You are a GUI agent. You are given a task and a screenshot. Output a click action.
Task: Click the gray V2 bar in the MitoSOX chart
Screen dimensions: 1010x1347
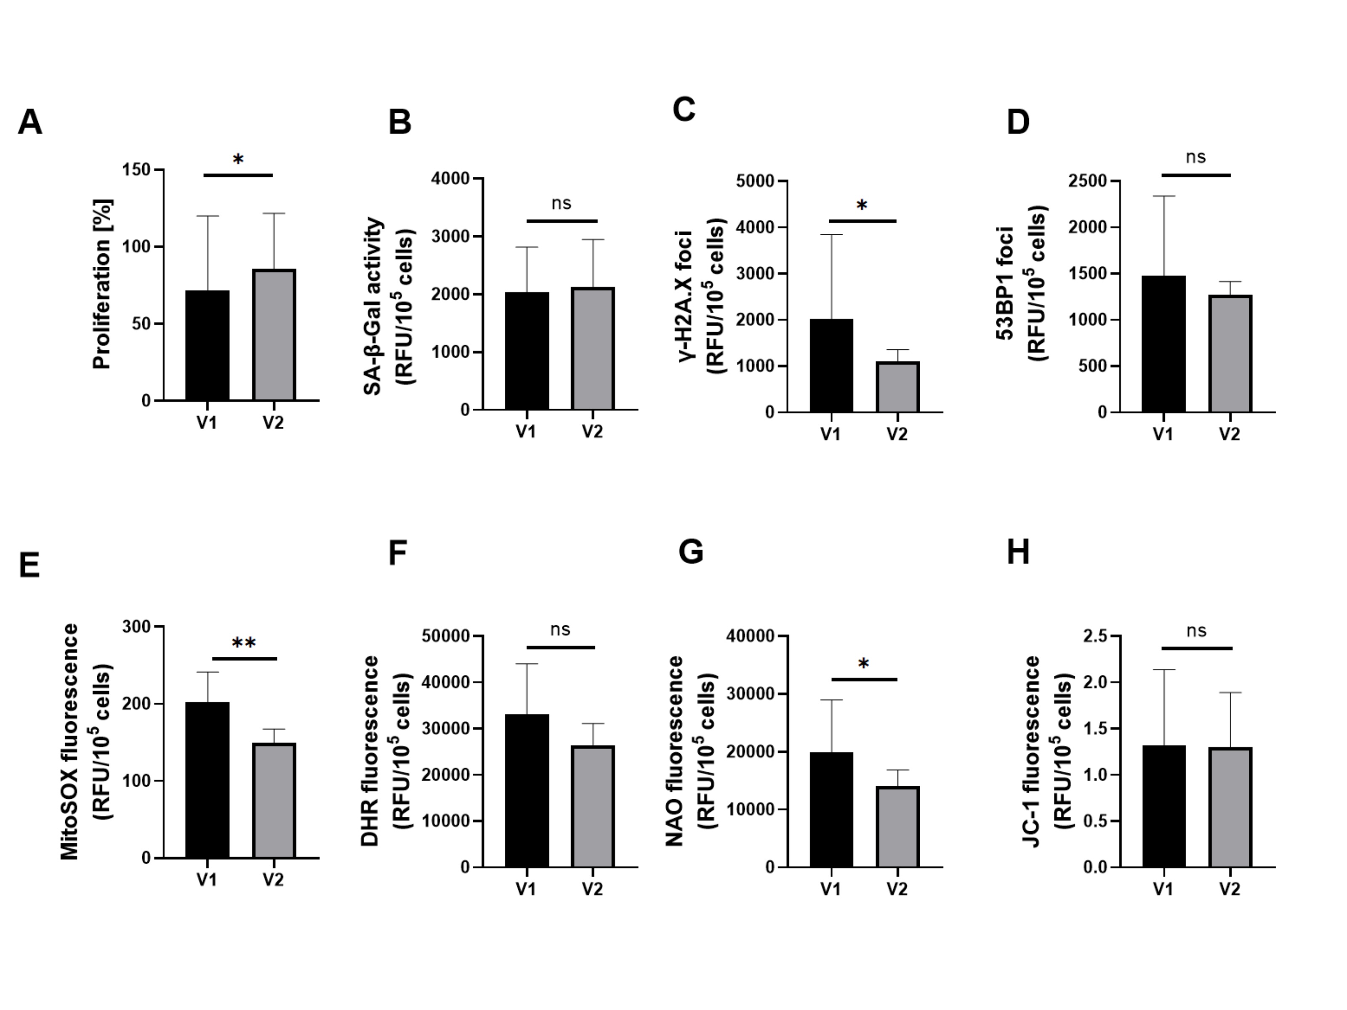pyautogui.click(x=274, y=800)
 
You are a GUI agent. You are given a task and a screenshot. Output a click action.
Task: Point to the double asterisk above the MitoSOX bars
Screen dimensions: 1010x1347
pyautogui.click(x=244, y=643)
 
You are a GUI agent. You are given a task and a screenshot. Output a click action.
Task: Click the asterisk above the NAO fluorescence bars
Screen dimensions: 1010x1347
pyautogui.click(x=863, y=664)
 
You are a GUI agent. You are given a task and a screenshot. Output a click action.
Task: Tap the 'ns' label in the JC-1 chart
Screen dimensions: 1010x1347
pyautogui.click(x=1196, y=631)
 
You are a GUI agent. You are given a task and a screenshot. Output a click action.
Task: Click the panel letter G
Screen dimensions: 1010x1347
pyautogui.click(x=691, y=552)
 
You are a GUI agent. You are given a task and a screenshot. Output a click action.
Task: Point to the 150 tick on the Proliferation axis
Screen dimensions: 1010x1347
pyautogui.click(x=136, y=170)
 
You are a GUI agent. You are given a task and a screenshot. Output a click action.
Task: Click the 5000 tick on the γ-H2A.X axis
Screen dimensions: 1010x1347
pyautogui.click(x=755, y=181)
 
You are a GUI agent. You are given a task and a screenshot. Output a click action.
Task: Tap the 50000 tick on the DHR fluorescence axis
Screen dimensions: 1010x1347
pyautogui.click(x=446, y=636)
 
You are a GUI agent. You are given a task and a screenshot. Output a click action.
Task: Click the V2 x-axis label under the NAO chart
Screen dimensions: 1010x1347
pyautogui.click(x=897, y=890)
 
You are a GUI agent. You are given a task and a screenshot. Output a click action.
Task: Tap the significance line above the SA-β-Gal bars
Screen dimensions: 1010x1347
pyautogui.click(x=562, y=221)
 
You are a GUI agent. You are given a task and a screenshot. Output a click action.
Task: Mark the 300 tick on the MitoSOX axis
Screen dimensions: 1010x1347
pyautogui.click(x=136, y=627)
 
